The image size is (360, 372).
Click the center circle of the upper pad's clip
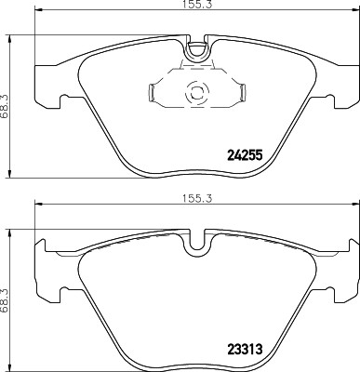tap(196, 93)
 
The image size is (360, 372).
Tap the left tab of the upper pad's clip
tap(153, 92)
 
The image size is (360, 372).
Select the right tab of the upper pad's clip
tap(239, 92)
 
